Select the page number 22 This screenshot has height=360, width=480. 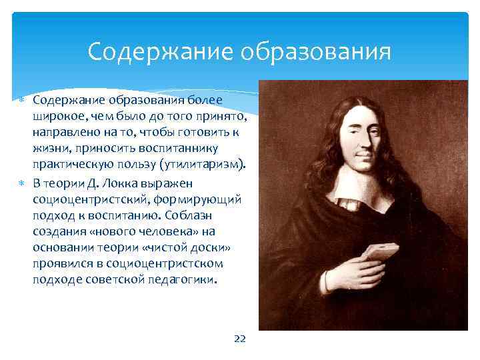tap(240, 339)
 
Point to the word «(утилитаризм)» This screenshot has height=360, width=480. tap(209, 165)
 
